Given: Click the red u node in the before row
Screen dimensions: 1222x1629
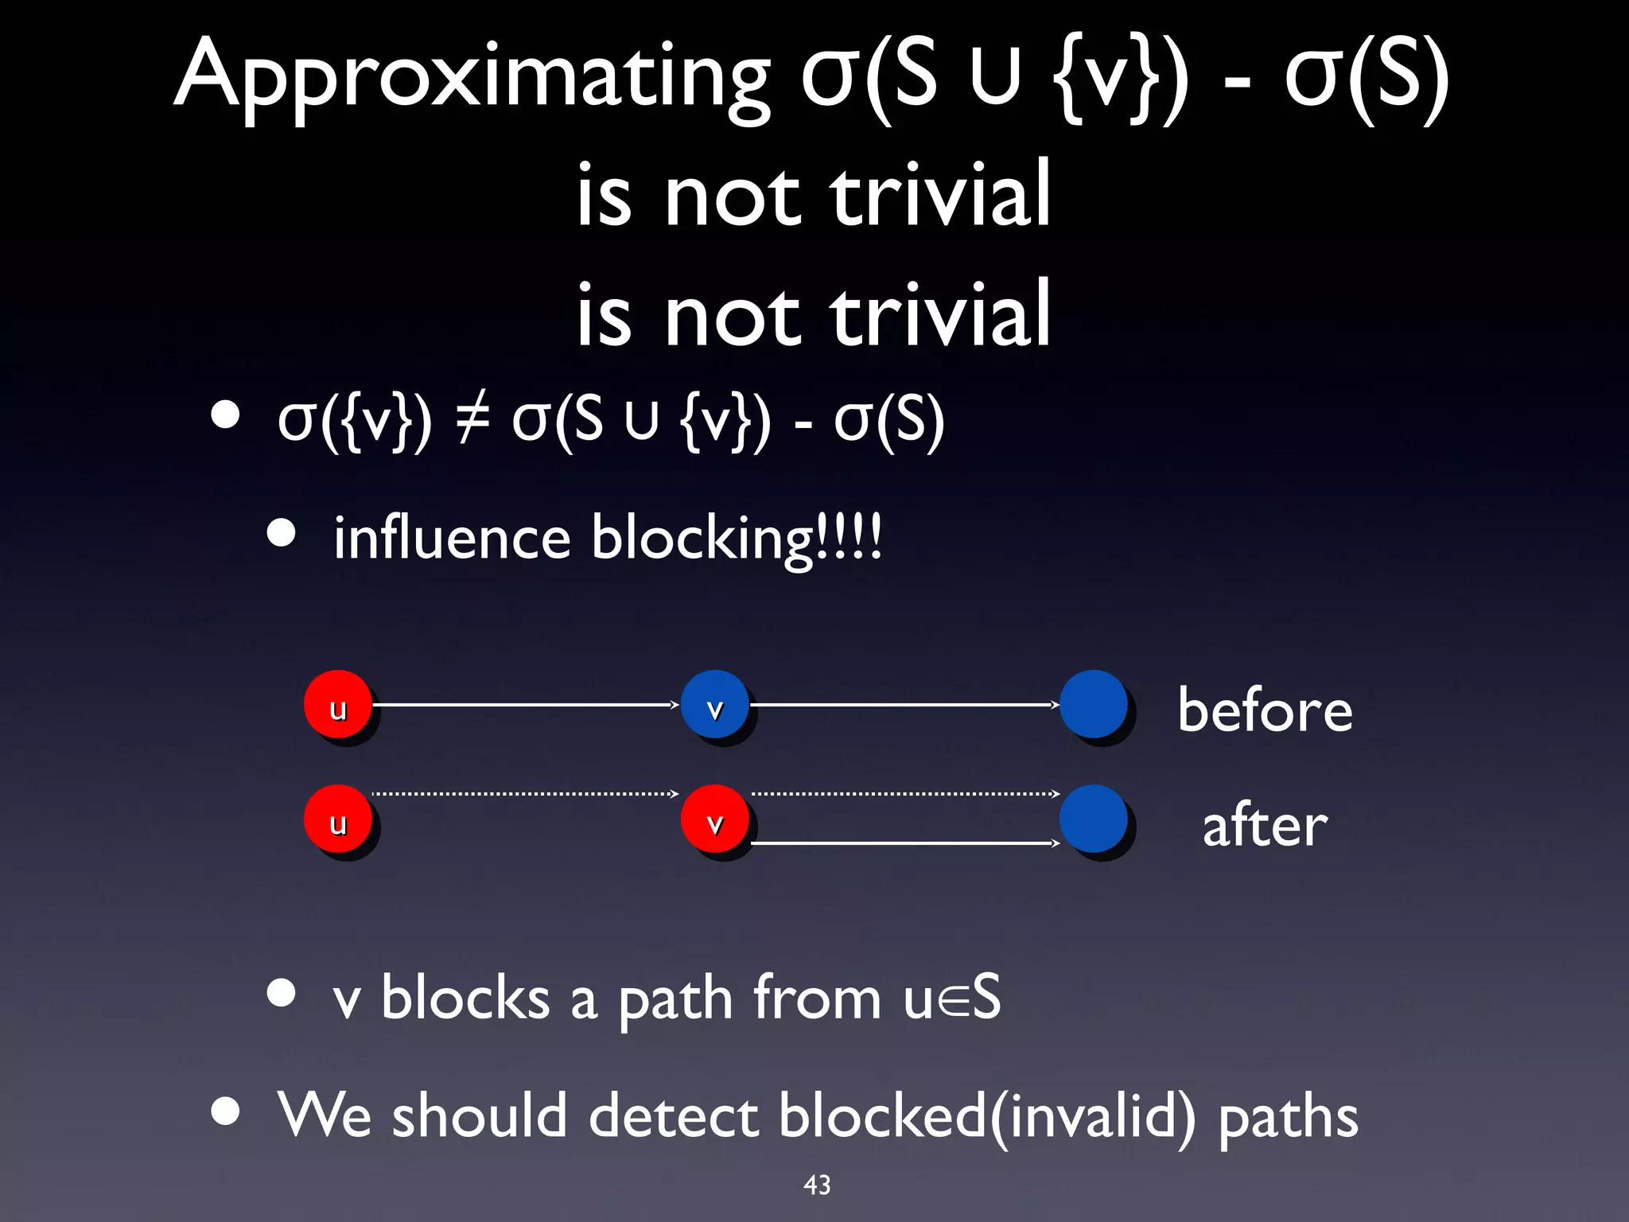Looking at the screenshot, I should coord(338,705).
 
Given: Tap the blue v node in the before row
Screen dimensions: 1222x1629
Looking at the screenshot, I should coord(714,705).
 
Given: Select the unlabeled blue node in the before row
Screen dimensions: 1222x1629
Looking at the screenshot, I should coord(1094,705).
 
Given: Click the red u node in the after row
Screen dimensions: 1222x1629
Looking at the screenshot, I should coord(338,819).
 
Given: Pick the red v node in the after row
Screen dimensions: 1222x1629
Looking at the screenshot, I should coord(714,819).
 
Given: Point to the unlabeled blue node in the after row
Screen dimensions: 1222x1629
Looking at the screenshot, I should coord(1094,819).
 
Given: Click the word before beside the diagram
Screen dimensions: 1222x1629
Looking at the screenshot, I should coord(1265,710).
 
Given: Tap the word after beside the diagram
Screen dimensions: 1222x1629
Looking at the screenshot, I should coord(1265,825).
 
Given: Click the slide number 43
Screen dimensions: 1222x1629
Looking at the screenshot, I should coord(817,1185).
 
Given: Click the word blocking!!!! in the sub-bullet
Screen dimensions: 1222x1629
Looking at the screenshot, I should coord(737,539).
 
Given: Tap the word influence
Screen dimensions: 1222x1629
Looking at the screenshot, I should coord(452,539).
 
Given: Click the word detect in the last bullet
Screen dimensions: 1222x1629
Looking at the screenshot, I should coord(673,1115).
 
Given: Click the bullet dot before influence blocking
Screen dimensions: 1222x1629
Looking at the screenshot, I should coord(282,533).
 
